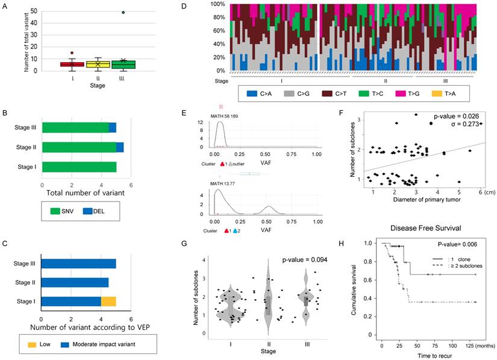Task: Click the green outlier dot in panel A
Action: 123,13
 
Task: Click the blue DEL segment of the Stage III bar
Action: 113,127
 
